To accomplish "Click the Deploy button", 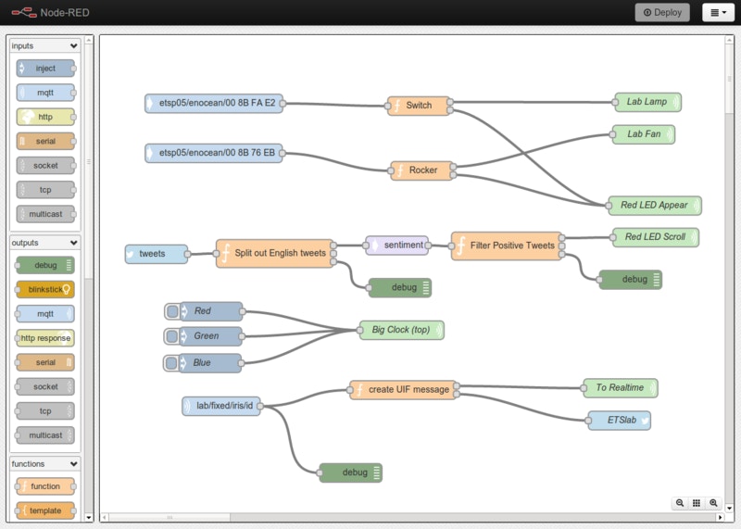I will pyautogui.click(x=662, y=12).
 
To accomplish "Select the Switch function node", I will pyautogui.click(x=419, y=106).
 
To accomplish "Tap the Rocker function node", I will pyautogui.click(x=422, y=170).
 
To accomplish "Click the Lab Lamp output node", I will pyautogui.click(x=647, y=102).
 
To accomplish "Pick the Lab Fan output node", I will pyautogui.click(x=644, y=134).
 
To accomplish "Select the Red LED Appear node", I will pyautogui.click(x=653, y=206).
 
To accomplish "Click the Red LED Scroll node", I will pyautogui.click(x=655, y=237).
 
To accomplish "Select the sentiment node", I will pyautogui.click(x=397, y=246).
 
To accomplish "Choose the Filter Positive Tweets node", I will pyautogui.click(x=508, y=246).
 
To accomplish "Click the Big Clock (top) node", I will pyautogui.click(x=402, y=330).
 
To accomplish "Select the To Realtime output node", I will pyautogui.click(x=620, y=388).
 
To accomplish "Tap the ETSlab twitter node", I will pyautogui.click(x=620, y=421).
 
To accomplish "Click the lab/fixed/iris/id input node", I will pyautogui.click(x=222, y=406).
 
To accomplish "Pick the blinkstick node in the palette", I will pyautogui.click(x=44, y=289).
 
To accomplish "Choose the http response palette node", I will pyautogui.click(x=45, y=338).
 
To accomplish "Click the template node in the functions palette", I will pyautogui.click(x=45, y=510).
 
